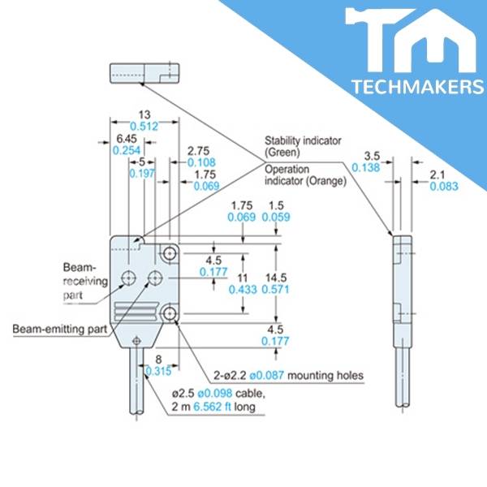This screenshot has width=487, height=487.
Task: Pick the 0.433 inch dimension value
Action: coord(243,289)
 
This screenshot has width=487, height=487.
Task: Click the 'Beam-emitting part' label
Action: coord(58,329)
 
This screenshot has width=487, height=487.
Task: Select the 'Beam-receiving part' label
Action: coord(80,280)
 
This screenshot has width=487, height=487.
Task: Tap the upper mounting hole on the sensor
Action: coord(170,252)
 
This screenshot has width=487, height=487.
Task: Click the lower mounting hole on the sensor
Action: coord(170,313)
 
